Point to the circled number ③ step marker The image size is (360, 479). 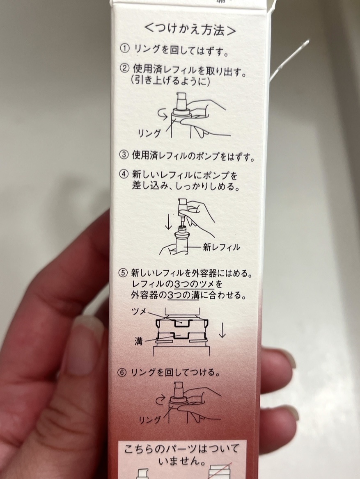coord(124,156)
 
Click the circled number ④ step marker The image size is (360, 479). coord(124,175)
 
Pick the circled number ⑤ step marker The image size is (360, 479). coord(124,273)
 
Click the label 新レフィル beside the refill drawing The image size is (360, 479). coord(221,247)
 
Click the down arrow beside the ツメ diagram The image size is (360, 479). coord(222,330)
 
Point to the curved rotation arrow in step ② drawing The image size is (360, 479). coord(163,115)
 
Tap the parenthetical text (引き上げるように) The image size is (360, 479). coord(171,81)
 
